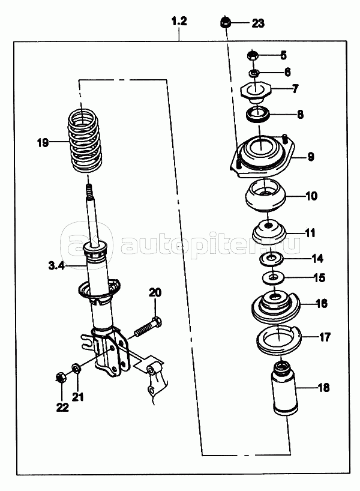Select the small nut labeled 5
tap(253, 56)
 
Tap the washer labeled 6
tap(254, 73)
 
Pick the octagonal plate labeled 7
tap(257, 92)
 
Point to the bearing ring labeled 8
tap(259, 112)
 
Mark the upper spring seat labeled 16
tap(276, 304)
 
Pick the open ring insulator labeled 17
tap(280, 339)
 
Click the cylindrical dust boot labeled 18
tap(283, 389)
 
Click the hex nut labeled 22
tap(60, 378)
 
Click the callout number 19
tap(41, 143)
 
